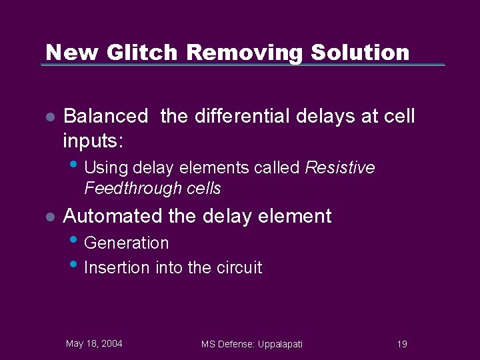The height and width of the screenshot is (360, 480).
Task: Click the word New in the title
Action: tap(69, 52)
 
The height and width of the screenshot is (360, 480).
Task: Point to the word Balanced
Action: tap(105, 117)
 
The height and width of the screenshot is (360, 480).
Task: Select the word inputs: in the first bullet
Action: tap(94, 141)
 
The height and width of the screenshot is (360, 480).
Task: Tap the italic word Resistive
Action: tap(340, 168)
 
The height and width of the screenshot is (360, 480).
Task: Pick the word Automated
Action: tap(112, 216)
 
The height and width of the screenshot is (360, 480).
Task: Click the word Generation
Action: tap(127, 243)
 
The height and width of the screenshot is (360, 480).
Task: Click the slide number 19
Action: tap(401, 344)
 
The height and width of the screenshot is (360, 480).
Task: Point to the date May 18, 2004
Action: tap(94, 343)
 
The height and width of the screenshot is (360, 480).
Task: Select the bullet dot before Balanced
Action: tap(49, 117)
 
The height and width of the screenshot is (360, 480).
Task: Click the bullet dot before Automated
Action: tap(49, 217)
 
